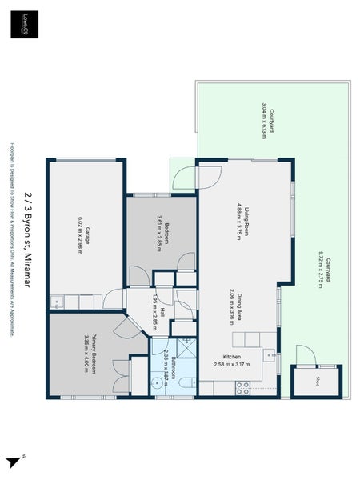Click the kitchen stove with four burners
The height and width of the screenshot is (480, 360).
pos(219,387)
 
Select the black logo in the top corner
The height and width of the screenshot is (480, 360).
pos(24,25)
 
